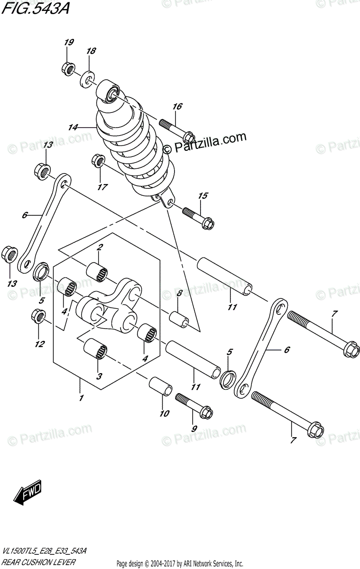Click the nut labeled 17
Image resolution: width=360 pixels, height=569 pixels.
tap(98, 161)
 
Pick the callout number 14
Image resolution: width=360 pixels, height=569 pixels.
tap(73, 127)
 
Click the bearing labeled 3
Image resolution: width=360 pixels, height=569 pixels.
tap(95, 353)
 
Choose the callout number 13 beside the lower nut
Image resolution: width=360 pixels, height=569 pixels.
tap(11, 284)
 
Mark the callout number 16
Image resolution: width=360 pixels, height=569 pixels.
tap(177, 107)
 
